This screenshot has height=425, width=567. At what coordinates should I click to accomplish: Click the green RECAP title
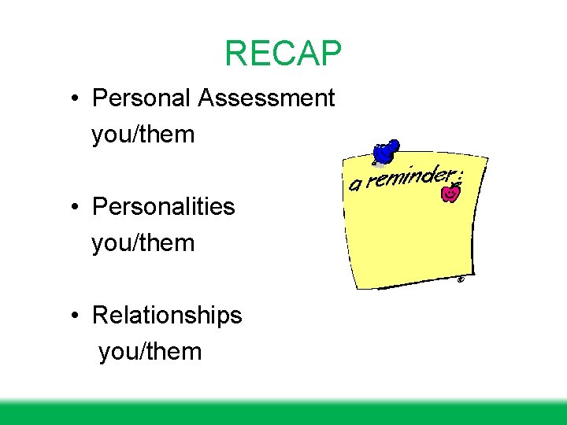(283, 54)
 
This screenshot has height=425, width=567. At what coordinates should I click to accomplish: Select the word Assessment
(267, 98)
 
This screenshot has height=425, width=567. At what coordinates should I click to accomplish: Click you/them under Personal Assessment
(143, 135)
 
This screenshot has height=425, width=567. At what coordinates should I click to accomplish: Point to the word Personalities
(164, 207)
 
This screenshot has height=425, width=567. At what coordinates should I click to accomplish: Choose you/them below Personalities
(143, 243)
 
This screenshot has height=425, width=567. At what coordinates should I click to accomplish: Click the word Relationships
(167, 316)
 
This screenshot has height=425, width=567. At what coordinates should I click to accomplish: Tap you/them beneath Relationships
(150, 352)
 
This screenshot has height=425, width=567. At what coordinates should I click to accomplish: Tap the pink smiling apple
(450, 194)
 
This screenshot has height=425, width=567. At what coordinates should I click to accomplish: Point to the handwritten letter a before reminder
(356, 186)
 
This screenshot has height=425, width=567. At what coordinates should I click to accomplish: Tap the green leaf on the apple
(454, 185)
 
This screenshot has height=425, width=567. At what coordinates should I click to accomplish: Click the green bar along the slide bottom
(283, 413)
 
